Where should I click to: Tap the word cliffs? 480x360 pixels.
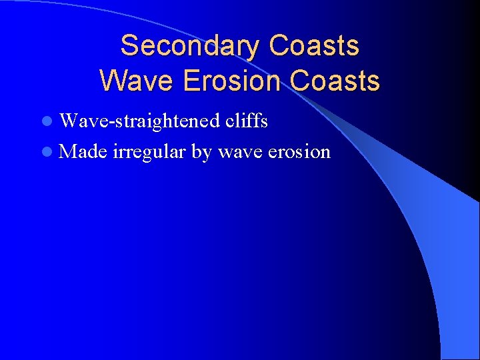coord(246,121)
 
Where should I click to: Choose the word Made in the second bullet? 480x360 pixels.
coord(83,151)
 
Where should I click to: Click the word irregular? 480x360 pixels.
coord(150,151)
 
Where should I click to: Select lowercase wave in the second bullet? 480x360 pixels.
coord(240,152)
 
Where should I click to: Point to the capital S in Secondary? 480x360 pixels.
coord(129,46)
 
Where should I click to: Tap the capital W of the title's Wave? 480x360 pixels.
coord(112,81)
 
